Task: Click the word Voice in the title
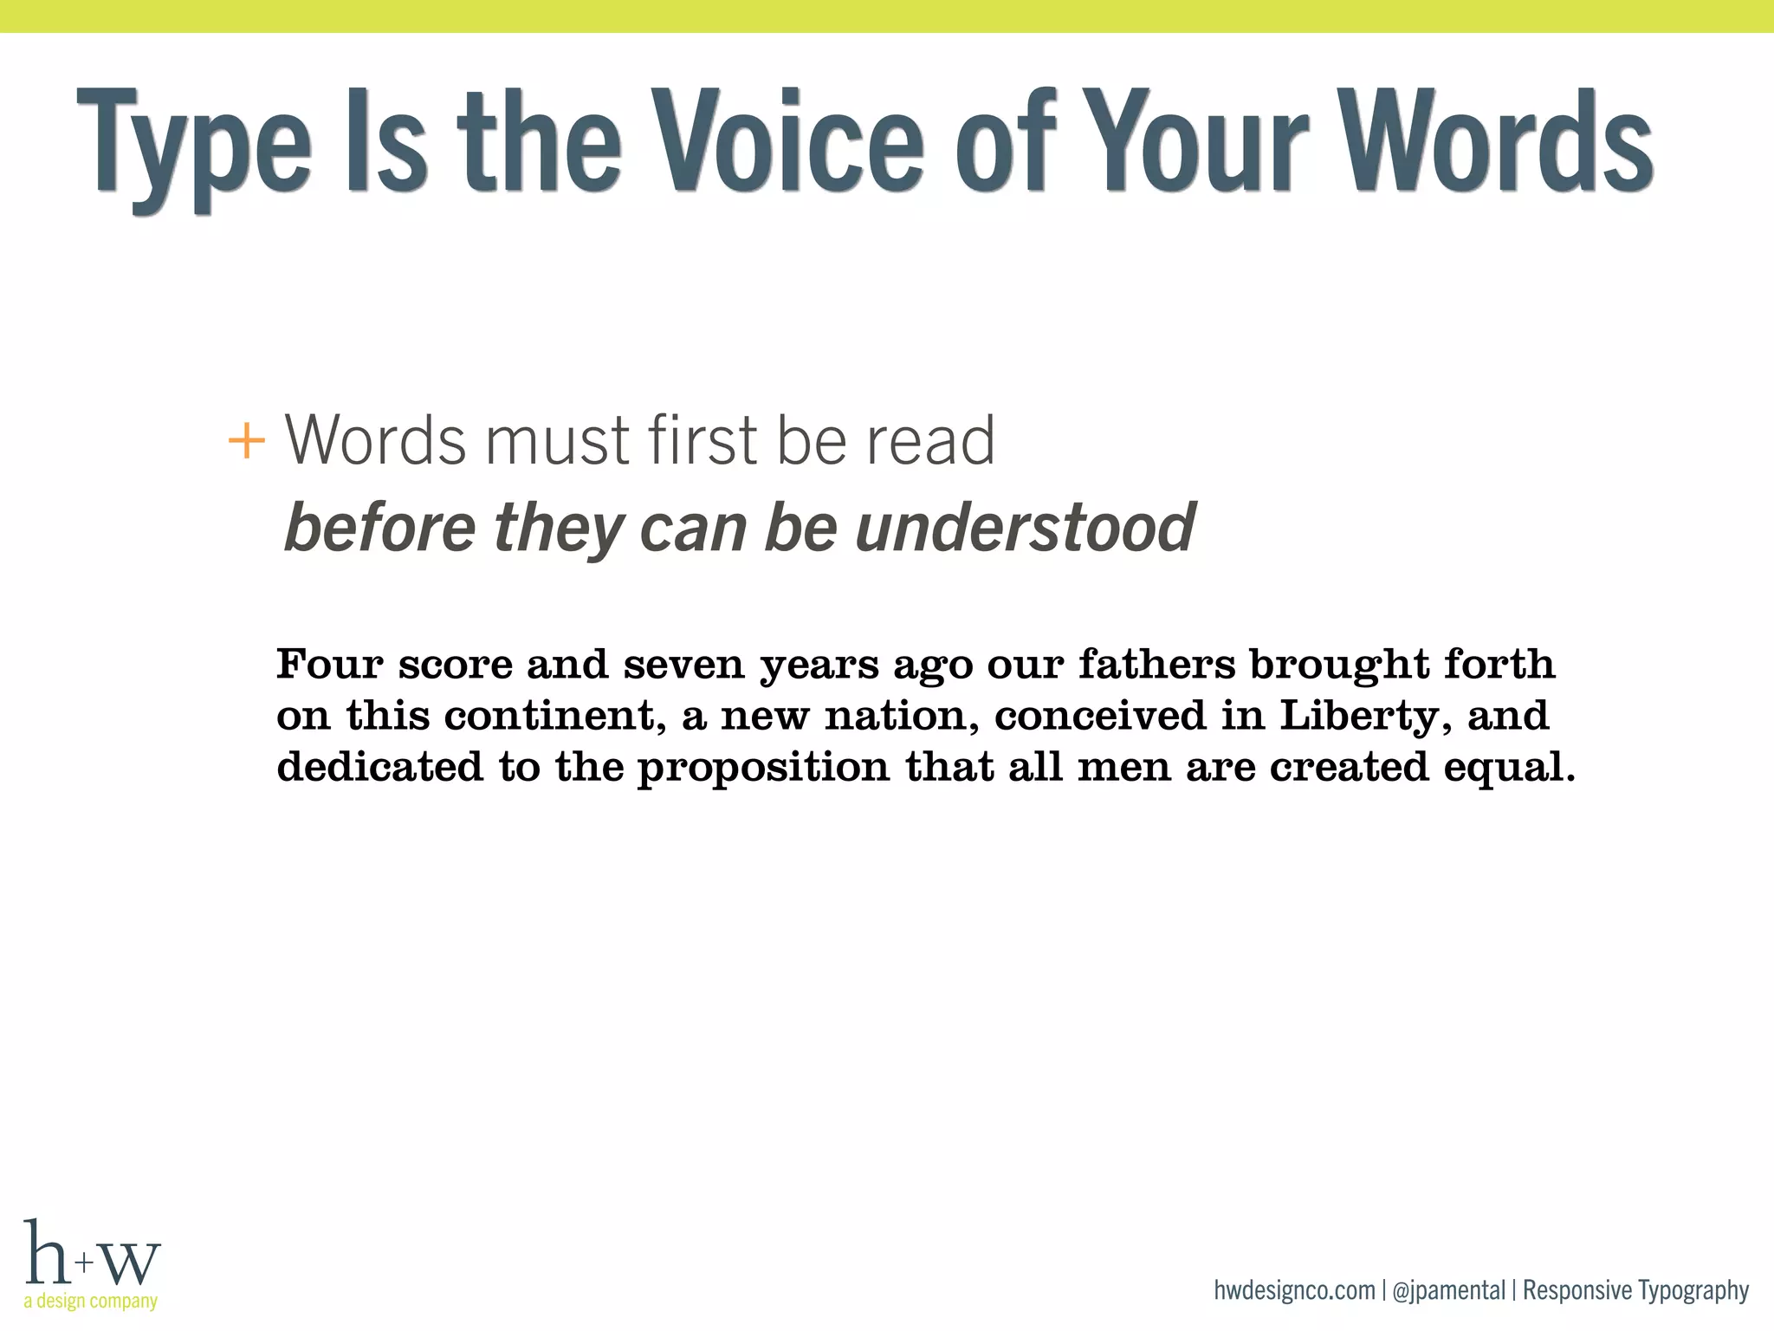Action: click(x=787, y=140)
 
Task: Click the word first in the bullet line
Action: click(x=706, y=440)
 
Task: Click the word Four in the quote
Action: click(x=330, y=665)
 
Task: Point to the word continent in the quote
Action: click(x=555, y=717)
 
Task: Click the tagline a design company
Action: click(x=91, y=1301)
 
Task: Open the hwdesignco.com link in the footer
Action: click(x=1294, y=1290)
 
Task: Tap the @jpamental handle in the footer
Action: click(x=1448, y=1290)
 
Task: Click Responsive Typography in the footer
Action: click(x=1635, y=1290)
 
